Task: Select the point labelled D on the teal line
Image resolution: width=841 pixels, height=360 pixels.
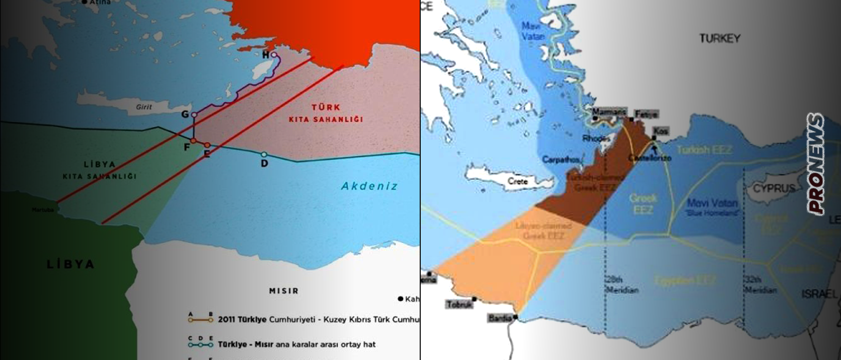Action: [264, 162]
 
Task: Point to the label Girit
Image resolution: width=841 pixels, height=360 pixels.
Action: [144, 107]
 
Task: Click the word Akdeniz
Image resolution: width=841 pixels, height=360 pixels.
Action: [369, 186]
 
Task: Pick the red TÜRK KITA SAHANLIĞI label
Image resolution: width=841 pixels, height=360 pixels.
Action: [326, 113]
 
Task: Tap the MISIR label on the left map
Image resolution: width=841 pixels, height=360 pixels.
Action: [284, 291]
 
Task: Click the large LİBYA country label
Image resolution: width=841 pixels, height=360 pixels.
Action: [71, 264]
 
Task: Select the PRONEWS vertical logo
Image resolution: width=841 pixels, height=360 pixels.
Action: [815, 164]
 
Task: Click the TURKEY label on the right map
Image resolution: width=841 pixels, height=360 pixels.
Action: [719, 38]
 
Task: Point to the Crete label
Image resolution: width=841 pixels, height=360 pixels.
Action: [518, 181]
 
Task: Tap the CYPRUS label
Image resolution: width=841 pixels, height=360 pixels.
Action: [774, 189]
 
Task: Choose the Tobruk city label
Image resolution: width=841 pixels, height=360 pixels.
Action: [459, 304]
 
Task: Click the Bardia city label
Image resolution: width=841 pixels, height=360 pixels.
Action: [500, 318]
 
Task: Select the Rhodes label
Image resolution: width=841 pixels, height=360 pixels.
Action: [596, 139]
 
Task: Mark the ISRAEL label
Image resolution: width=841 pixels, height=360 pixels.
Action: [818, 294]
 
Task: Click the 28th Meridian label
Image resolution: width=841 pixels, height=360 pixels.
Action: [621, 285]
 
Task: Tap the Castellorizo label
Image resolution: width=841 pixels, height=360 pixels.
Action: [650, 158]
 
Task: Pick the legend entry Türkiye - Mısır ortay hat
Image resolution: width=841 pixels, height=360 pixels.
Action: [297, 344]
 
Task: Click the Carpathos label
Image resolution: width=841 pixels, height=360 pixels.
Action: [561, 159]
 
